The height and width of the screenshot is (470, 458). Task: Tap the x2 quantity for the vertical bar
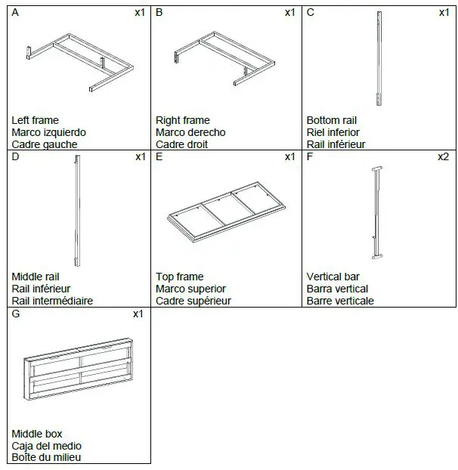(443, 157)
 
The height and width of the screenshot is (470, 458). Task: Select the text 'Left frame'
(35, 120)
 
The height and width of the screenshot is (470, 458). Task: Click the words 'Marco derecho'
(190, 132)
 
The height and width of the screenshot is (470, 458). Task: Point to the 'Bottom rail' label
(332, 120)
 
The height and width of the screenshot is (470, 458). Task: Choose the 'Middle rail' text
(36, 277)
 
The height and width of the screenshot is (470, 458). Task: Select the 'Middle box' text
(37, 434)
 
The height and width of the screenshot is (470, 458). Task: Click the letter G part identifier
(17, 314)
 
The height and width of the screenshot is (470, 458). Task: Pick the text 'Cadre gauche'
(45, 144)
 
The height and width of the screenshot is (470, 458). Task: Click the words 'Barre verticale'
(340, 301)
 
